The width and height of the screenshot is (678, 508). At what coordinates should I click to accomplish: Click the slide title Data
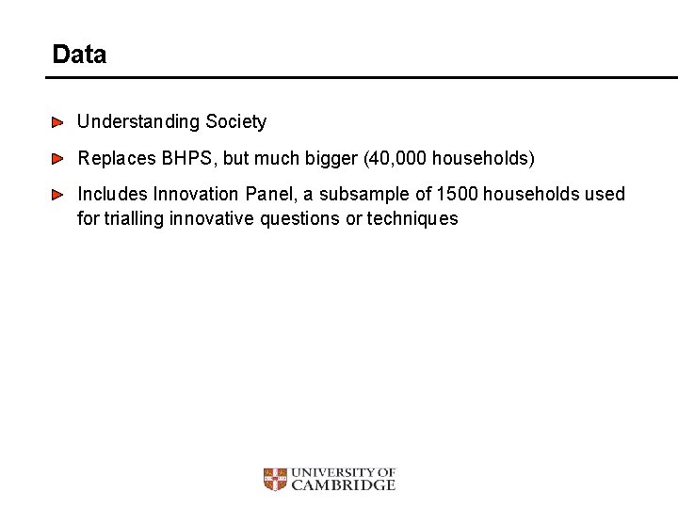79,55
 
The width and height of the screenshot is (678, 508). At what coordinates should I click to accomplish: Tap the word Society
236,122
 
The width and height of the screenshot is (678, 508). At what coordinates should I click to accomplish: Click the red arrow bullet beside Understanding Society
58,122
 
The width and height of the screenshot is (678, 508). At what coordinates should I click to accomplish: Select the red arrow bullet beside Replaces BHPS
58,159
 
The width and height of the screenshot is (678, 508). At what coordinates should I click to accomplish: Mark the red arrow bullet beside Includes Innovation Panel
58,195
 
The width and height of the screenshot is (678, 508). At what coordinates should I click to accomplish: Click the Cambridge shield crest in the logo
275,480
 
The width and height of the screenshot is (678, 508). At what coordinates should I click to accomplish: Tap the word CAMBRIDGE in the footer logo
344,485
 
